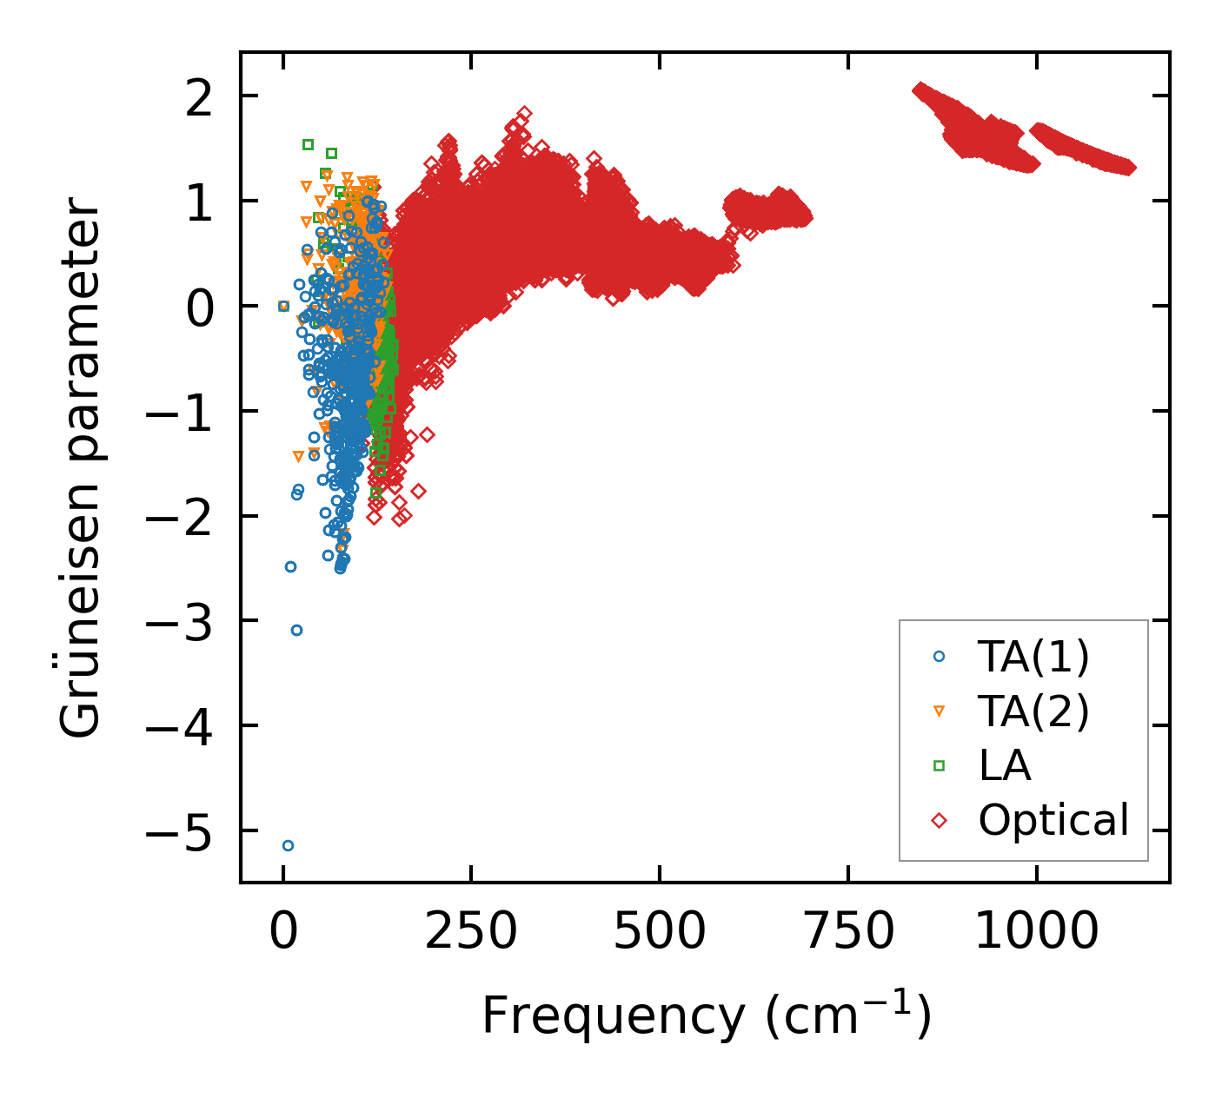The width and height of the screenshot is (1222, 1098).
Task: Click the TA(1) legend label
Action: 1033,658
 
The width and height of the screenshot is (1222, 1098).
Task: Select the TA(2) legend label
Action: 1033,711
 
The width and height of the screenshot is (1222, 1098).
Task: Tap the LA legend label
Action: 1004,765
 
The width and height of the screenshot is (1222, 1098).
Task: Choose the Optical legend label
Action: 1053,820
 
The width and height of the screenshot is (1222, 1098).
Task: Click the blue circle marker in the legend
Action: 939,658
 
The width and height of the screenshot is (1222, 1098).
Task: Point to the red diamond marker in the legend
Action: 939,820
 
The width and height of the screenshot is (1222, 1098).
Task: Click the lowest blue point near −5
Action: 288,845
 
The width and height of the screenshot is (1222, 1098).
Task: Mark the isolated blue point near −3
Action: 296,630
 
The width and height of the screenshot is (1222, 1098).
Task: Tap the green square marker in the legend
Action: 939,765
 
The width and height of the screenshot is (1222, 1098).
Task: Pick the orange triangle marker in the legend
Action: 939,711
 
